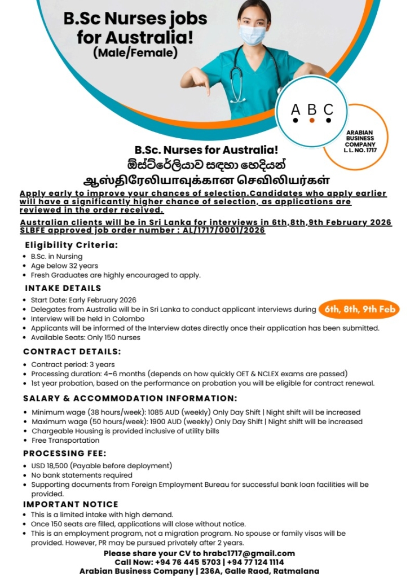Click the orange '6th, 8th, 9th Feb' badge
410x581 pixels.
[x=359, y=309]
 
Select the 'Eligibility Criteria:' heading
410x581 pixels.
[x=71, y=245]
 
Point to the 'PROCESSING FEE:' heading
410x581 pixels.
[x=64, y=454]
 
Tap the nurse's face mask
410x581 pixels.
[x=252, y=35]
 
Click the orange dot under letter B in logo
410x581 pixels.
[x=312, y=120]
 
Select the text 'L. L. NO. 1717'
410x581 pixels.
[x=360, y=151]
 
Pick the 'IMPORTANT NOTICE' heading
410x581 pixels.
[x=70, y=504]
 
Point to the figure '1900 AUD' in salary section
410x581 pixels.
[x=169, y=421]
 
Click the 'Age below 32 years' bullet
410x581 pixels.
[x=64, y=266]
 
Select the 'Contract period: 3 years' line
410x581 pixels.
[x=73, y=364]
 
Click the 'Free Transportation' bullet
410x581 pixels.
[x=65, y=441]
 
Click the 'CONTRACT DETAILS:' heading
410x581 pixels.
[x=72, y=351]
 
